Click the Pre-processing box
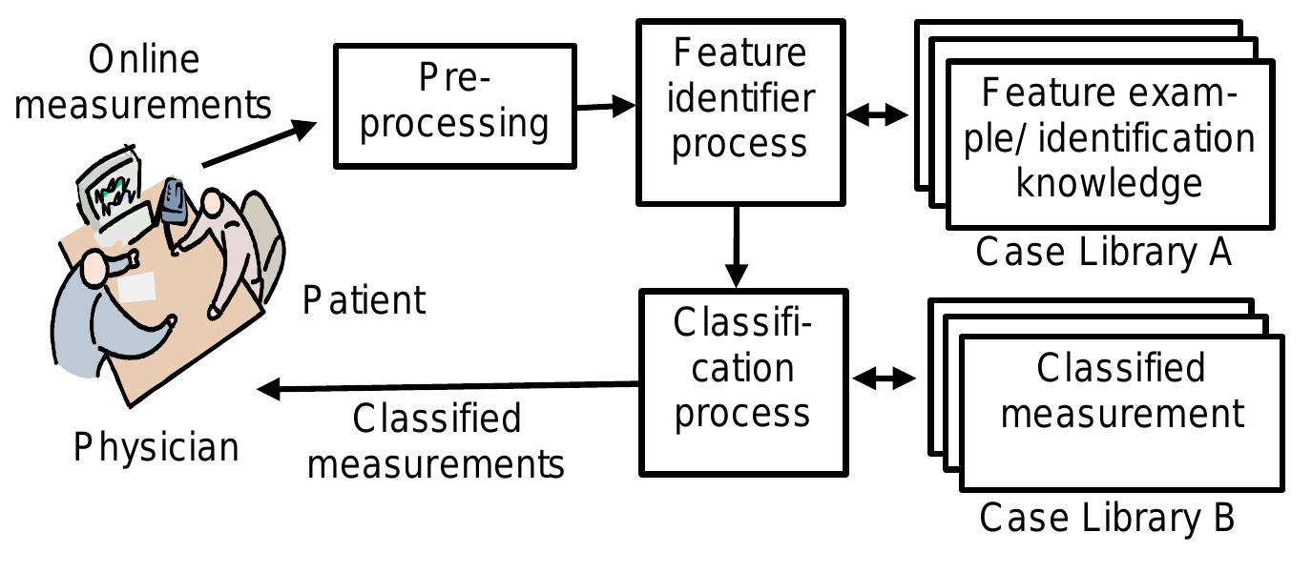[x=454, y=105]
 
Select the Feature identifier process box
[x=739, y=113]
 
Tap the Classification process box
[x=741, y=381]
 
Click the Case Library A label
[x=1103, y=252]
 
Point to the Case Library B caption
[x=1107, y=518]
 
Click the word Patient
[x=364, y=300]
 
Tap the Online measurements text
[x=143, y=82]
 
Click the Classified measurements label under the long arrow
[x=436, y=441]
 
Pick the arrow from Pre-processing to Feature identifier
[x=607, y=106]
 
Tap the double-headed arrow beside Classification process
[x=884, y=379]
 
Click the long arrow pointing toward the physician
[x=448, y=386]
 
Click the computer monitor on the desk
[x=115, y=190]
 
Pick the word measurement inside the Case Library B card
[x=1123, y=413]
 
